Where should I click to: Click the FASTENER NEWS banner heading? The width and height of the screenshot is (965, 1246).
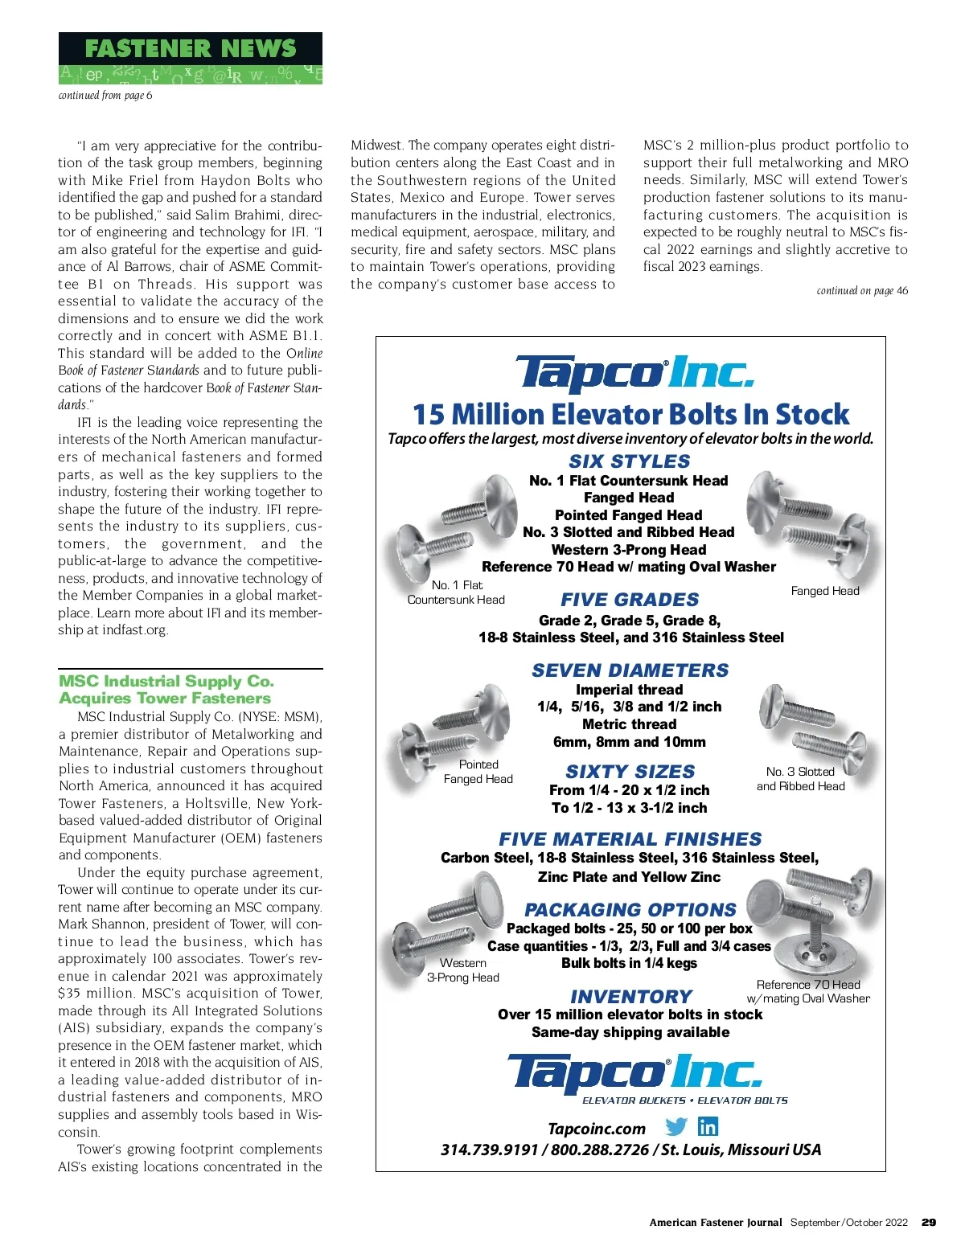(x=190, y=48)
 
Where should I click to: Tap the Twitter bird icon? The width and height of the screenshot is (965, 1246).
(x=676, y=1127)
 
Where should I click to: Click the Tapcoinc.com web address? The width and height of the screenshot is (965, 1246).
(x=597, y=1129)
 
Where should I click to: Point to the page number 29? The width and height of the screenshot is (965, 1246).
(x=929, y=1222)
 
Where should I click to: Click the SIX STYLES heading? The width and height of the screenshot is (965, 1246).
(x=630, y=461)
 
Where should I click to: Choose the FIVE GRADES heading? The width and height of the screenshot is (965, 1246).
(x=630, y=600)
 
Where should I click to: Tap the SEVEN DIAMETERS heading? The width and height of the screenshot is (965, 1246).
(x=630, y=670)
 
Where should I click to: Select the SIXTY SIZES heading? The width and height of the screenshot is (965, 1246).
(x=630, y=772)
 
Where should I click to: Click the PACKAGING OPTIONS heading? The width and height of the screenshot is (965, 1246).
(x=630, y=910)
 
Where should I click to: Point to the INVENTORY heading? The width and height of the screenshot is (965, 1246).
(x=631, y=997)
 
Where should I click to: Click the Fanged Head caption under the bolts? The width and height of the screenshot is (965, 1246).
(x=825, y=591)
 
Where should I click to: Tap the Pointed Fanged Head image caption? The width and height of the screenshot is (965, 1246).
(x=478, y=772)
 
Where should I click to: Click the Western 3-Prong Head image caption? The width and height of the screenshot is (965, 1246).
(x=463, y=970)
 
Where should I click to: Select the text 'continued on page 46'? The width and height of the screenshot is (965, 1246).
(x=862, y=291)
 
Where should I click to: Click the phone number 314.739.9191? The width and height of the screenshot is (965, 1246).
(x=489, y=1150)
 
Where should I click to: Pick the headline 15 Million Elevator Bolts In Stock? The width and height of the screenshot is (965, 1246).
(x=630, y=415)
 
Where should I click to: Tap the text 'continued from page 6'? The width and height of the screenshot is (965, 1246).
(x=105, y=96)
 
